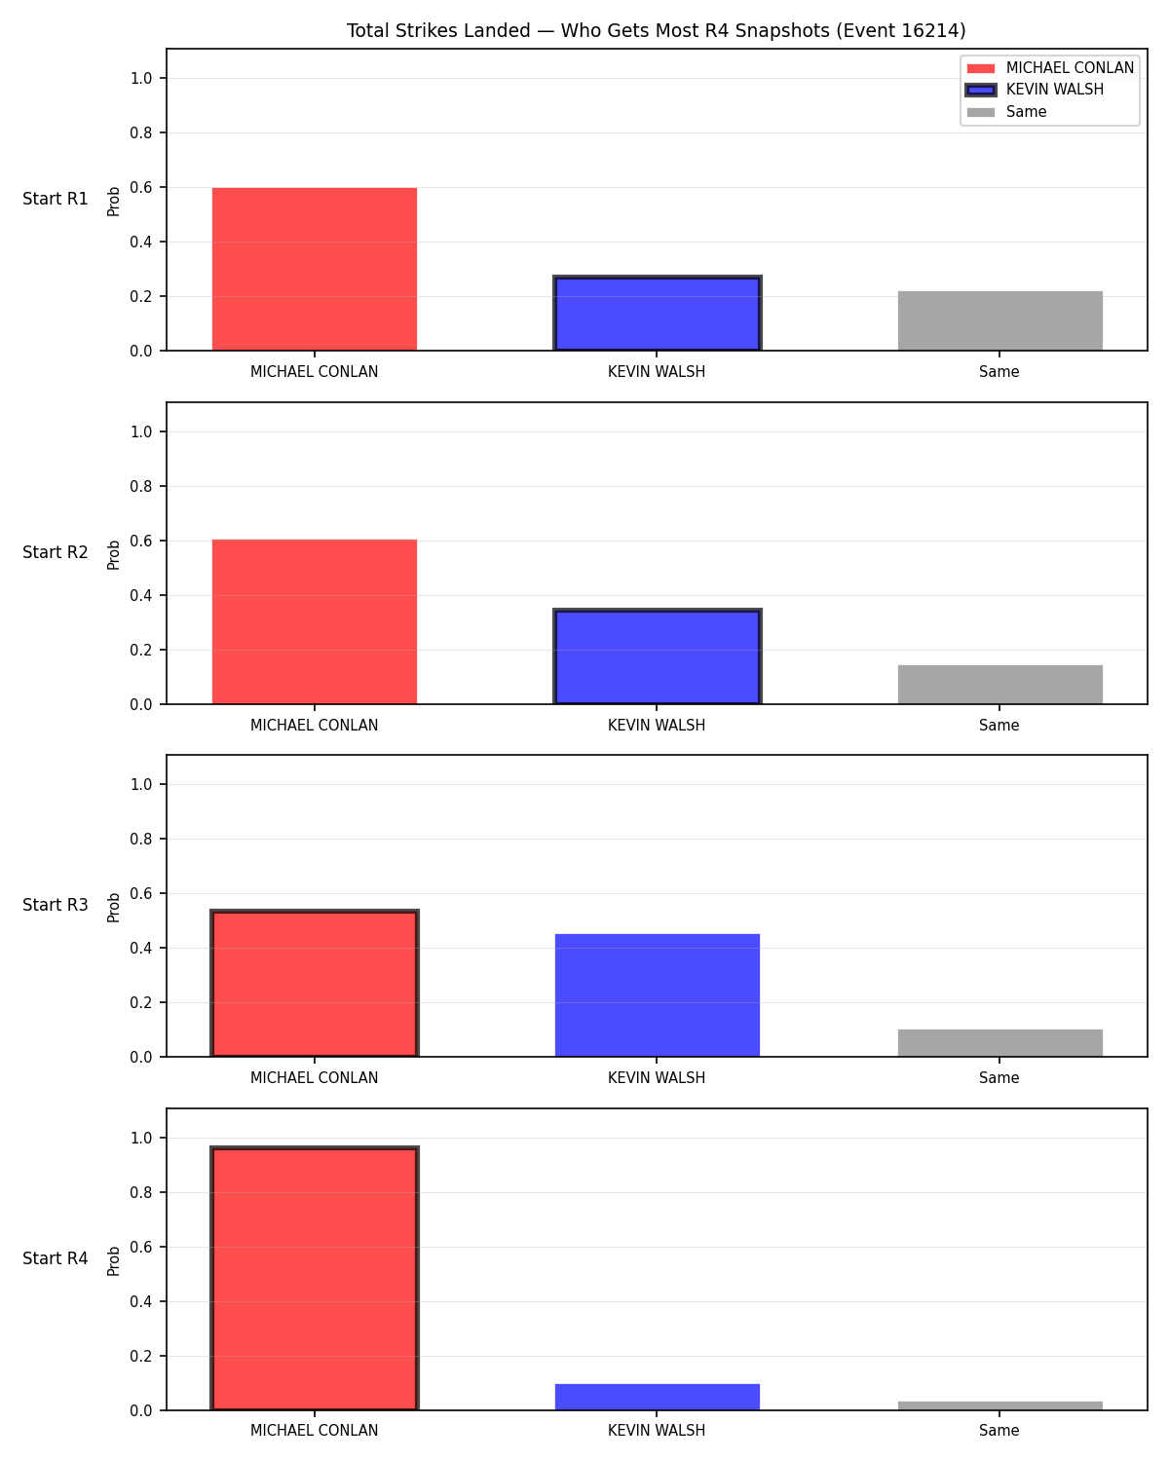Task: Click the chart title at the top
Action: (656, 30)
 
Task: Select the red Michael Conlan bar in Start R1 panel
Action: (314, 269)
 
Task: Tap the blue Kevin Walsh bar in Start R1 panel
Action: (657, 313)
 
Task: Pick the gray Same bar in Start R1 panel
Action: (999, 320)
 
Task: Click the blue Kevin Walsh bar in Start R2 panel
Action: (657, 656)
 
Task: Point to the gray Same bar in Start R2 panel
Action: (999, 685)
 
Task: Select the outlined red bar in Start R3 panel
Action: (314, 983)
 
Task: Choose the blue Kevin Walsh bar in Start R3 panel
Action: (657, 995)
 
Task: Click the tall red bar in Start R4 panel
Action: (314, 1278)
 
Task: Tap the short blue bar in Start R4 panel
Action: (657, 1397)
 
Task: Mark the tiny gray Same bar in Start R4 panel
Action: (999, 1405)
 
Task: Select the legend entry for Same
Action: (1006, 112)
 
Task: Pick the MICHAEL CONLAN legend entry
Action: (1049, 68)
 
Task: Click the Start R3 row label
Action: (55, 905)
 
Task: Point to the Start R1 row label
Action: (55, 199)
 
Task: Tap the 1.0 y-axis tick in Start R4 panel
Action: (141, 1138)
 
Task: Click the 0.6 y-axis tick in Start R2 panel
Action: (141, 542)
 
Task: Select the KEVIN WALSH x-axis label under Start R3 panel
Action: (657, 1077)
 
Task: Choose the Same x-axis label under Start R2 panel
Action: (999, 725)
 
